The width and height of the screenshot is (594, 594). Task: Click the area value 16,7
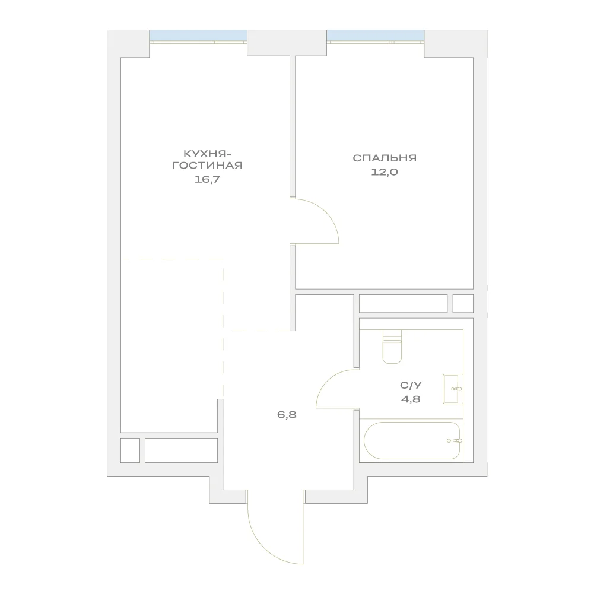click(207, 179)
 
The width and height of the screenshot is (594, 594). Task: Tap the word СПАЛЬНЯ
click(385, 158)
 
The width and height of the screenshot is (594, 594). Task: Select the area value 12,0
click(385, 172)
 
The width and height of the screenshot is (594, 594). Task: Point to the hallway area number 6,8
click(287, 414)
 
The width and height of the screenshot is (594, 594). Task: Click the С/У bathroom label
click(411, 385)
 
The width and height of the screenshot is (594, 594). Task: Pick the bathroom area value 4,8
click(411, 399)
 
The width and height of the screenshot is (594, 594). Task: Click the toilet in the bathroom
click(392, 347)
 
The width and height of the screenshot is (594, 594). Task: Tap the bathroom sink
click(453, 389)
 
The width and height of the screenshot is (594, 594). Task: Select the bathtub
click(412, 440)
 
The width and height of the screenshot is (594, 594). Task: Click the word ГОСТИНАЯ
click(207, 166)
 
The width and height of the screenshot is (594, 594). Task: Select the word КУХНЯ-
click(207, 154)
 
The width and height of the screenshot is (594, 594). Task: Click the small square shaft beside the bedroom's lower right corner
click(463, 303)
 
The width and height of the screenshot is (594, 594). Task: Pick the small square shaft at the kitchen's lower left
click(131, 450)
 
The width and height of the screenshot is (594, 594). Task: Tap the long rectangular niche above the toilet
click(403, 303)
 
